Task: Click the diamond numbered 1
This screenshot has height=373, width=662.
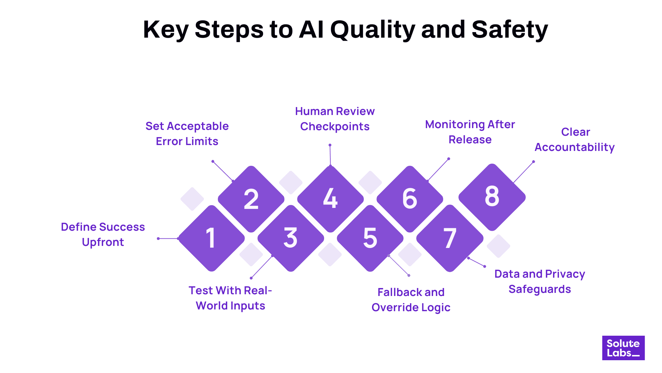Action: click(211, 238)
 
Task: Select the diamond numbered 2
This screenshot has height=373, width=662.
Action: click(251, 199)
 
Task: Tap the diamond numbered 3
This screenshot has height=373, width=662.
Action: click(291, 238)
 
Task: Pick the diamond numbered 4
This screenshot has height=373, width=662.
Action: click(330, 199)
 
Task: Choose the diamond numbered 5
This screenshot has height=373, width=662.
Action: click(370, 238)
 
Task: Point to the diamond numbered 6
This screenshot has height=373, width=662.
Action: click(410, 199)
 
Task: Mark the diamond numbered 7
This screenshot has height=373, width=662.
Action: click(450, 238)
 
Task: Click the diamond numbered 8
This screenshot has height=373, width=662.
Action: click(492, 197)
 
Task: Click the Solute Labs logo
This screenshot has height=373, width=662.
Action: click(623, 348)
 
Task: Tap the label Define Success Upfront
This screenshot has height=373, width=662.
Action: click(103, 235)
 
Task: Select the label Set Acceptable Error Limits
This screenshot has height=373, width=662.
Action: click(187, 134)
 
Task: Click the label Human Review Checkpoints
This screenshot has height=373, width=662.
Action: click(335, 119)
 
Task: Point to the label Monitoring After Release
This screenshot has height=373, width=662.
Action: click(470, 132)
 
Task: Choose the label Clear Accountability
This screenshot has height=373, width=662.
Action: click(575, 140)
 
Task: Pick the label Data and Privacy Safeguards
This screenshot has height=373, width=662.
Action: click(540, 281)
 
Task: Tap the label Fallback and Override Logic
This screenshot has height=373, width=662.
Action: click(411, 300)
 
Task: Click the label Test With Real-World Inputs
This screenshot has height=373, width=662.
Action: click(230, 298)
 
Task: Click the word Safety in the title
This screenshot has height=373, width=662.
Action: click(510, 30)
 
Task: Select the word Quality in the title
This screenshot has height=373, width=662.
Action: click(372, 30)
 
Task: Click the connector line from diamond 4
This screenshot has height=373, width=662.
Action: click(330, 155)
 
